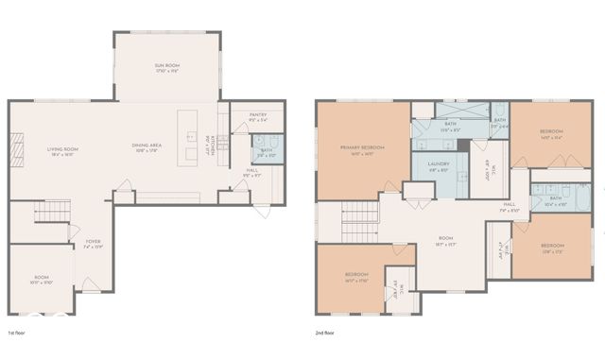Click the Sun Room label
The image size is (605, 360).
coord(166,65)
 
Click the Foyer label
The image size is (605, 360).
coord(93,243)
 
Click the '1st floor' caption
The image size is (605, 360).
coord(17,333)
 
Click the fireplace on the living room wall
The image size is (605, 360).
coord(16,149)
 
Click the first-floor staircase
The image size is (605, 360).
coord(53,212)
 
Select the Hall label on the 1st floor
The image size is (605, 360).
coord(251,175)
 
